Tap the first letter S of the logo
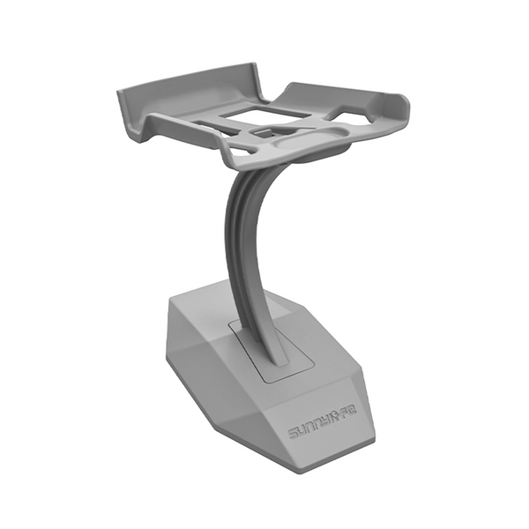294,433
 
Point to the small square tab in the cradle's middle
264,132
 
